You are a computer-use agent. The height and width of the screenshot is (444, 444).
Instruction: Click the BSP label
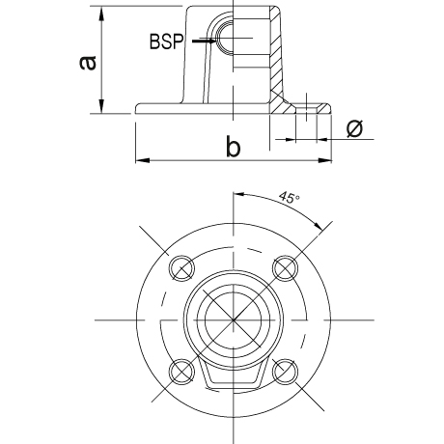pyautogui.click(x=166, y=42)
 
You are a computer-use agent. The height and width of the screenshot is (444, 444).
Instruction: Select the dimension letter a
pyautogui.click(x=88, y=63)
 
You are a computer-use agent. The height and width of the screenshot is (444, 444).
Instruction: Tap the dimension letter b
pyautogui.click(x=233, y=147)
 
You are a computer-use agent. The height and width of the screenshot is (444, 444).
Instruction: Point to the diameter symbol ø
pyautogui.click(x=354, y=128)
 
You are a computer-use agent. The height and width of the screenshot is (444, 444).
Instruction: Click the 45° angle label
pyautogui.click(x=289, y=197)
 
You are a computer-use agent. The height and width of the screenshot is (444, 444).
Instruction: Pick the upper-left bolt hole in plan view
pyautogui.click(x=181, y=268)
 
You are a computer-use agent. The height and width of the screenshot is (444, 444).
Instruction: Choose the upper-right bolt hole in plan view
pyautogui.click(x=285, y=268)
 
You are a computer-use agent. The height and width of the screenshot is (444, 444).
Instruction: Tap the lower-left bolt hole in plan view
pyautogui.click(x=181, y=372)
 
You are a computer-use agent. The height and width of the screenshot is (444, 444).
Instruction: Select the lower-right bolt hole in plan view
pyautogui.click(x=285, y=372)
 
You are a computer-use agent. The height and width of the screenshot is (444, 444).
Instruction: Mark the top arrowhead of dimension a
pyautogui.click(x=101, y=14)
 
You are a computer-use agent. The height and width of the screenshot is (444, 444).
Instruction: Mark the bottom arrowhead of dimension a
pyautogui.click(x=101, y=106)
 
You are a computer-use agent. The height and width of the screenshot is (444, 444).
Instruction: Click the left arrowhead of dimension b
pyautogui.click(x=143, y=160)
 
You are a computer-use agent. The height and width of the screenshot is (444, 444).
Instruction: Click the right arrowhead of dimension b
pyautogui.click(x=324, y=160)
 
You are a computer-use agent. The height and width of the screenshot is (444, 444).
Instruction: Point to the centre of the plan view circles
pyautogui.click(x=234, y=319)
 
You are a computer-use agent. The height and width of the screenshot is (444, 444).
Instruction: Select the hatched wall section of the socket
pyautogui.click(x=277, y=61)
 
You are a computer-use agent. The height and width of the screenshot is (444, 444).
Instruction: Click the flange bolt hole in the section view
pyautogui.click(x=306, y=109)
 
